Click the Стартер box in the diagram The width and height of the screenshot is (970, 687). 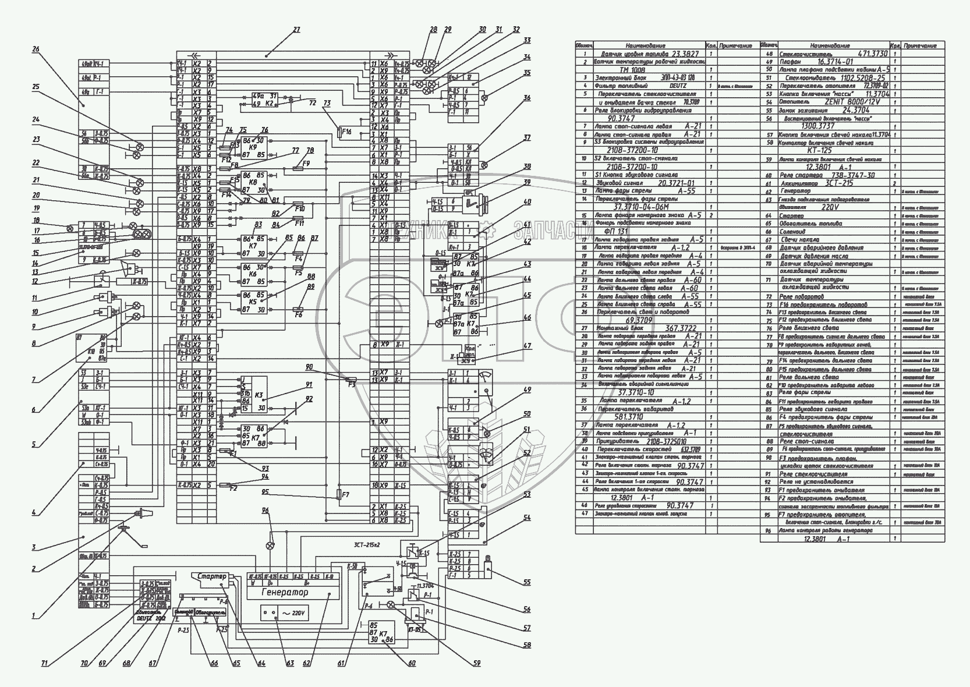[x=211, y=576]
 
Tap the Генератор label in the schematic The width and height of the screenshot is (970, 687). [x=285, y=592]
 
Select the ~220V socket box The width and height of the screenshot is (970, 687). [x=285, y=614]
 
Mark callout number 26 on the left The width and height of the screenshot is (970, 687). [x=36, y=49]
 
